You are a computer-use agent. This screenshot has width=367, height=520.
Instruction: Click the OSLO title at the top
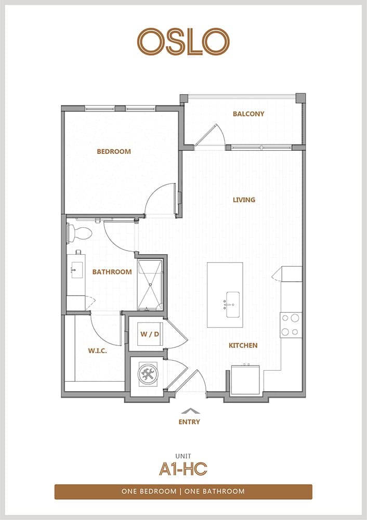[183, 42]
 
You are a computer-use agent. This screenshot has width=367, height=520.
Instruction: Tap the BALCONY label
[248, 114]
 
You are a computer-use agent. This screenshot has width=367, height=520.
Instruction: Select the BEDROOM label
[114, 151]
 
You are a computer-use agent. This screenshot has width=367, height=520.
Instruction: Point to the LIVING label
[244, 200]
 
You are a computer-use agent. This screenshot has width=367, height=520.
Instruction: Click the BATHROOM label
[112, 272]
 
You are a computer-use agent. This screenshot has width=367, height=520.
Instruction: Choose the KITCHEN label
[243, 345]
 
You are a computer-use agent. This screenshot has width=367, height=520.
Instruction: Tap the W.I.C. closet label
[98, 350]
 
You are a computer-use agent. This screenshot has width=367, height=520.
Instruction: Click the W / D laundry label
[150, 334]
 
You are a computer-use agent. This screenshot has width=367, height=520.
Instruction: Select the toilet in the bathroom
[80, 233]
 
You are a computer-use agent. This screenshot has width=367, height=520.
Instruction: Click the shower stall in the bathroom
[150, 285]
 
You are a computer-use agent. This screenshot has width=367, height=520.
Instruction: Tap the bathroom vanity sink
[76, 269]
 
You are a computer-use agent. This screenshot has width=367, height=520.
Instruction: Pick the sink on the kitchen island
[232, 304]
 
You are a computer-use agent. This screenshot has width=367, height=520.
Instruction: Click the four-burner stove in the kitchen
[291, 326]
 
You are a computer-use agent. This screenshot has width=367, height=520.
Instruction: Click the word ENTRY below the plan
[189, 422]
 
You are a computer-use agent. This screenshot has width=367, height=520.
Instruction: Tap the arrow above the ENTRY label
[191, 411]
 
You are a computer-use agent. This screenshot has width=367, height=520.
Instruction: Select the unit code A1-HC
[183, 469]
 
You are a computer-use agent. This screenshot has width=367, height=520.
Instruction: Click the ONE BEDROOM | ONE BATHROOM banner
[183, 491]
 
